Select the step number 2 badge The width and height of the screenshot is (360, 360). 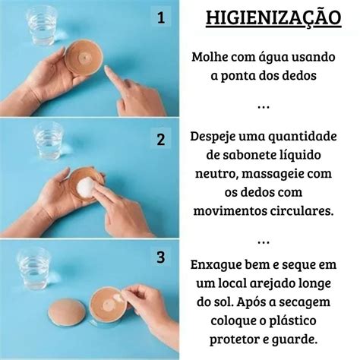click(x=160, y=140)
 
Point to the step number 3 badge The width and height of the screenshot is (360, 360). click(x=160, y=257)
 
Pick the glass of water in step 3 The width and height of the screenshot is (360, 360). click(x=34, y=269)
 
